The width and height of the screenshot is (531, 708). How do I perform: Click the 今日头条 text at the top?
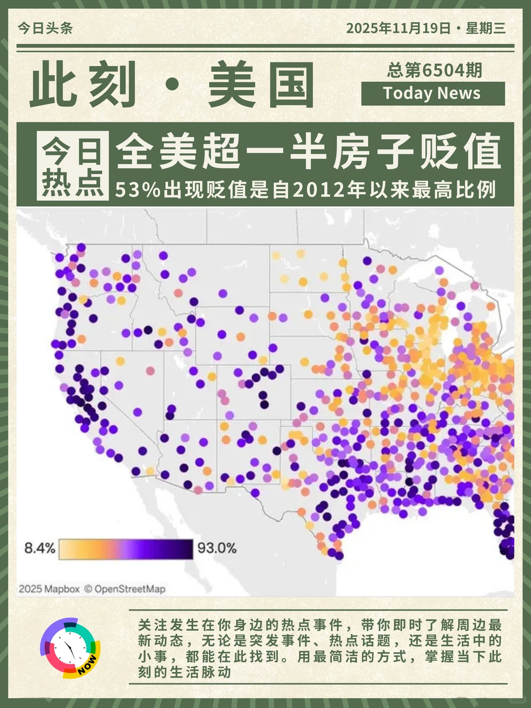[x=45, y=28]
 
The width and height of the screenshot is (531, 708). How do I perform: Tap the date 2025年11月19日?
[x=398, y=28]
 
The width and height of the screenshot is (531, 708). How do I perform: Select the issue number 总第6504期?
[x=434, y=70]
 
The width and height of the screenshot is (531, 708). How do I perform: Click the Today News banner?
[x=433, y=93]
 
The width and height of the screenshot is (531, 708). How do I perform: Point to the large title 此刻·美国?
[x=172, y=85]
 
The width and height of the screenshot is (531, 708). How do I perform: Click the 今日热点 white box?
[x=73, y=166]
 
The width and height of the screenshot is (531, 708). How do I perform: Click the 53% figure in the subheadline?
[x=138, y=190]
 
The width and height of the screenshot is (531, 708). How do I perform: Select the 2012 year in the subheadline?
[x=319, y=190]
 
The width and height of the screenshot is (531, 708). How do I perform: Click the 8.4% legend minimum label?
[x=40, y=548]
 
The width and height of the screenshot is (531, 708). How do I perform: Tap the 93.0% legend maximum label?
[x=217, y=548]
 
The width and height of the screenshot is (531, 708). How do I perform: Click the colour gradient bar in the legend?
[x=126, y=549]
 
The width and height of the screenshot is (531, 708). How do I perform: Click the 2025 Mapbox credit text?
[x=49, y=589]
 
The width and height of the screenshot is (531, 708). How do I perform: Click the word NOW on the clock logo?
[x=88, y=664]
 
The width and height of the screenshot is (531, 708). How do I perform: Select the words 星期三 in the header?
[x=486, y=28]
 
